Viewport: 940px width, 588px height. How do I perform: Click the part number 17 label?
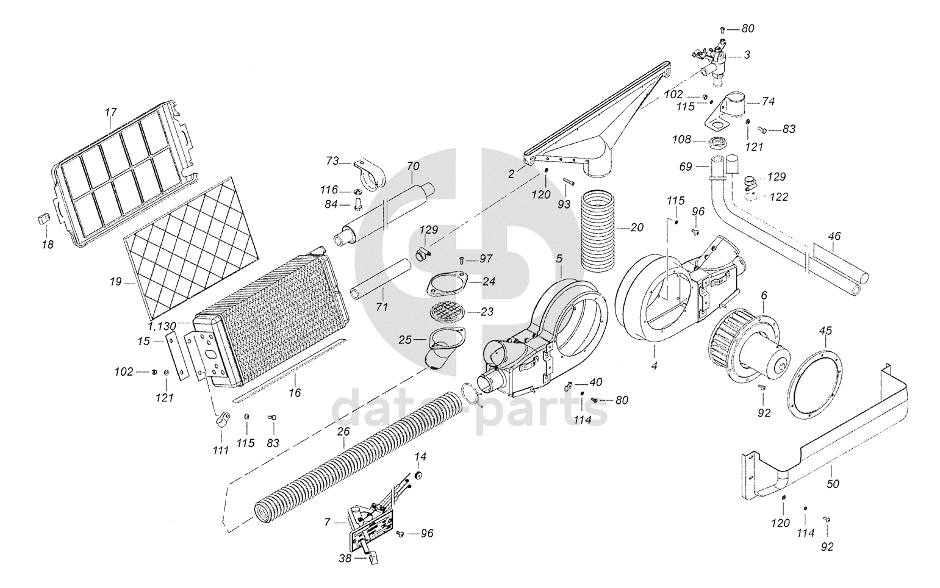click(110, 113)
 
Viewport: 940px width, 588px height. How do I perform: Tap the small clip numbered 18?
click(41, 218)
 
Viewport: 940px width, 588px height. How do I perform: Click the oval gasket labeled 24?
click(449, 282)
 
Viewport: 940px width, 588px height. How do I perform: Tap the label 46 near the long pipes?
click(834, 235)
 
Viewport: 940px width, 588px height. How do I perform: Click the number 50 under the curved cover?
click(833, 484)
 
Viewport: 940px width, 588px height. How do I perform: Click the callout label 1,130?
click(162, 326)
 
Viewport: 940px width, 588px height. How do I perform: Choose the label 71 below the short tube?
click(382, 307)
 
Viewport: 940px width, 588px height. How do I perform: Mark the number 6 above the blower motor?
click(763, 295)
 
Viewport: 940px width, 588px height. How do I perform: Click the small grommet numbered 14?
click(418, 474)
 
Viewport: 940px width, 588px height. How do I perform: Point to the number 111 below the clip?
click(220, 451)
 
